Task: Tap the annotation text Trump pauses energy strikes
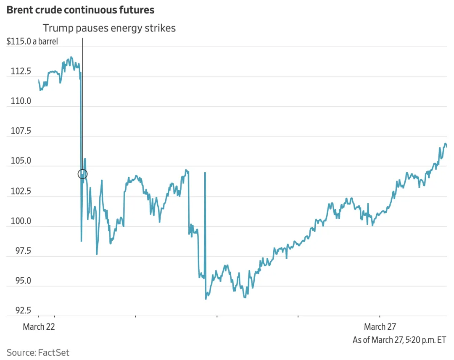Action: coord(109,29)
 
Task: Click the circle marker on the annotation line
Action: coord(82,173)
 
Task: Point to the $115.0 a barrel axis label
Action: coord(32,42)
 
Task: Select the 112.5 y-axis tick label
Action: coord(21,71)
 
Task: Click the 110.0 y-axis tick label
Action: coord(21,101)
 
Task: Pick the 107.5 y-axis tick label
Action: coord(21,131)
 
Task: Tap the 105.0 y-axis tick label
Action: coord(21,161)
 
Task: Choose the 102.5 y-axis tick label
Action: coord(21,191)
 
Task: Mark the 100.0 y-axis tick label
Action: coord(21,221)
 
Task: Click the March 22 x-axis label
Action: coord(39,327)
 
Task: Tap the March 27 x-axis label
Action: coord(380,327)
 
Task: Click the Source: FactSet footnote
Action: coord(38,352)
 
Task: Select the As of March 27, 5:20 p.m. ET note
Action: coord(399,339)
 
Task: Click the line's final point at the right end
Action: coord(446,146)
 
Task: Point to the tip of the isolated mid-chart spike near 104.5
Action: coord(205,173)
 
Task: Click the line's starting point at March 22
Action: coord(39,80)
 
